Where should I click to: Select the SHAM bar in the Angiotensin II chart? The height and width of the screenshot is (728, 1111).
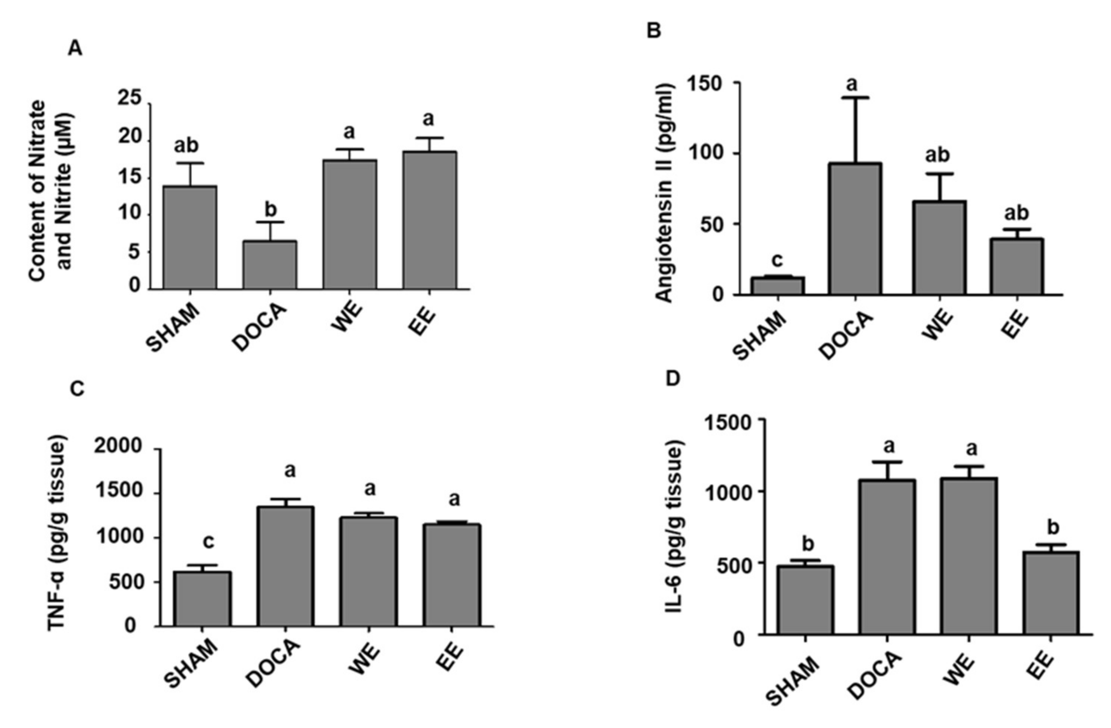(x=778, y=286)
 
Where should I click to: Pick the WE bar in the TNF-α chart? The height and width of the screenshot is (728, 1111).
(x=369, y=571)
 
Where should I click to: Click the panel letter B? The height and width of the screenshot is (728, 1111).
(x=654, y=32)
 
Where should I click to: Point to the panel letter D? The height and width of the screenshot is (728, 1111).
(x=673, y=379)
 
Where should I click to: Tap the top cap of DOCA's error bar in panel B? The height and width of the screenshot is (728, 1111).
(x=855, y=98)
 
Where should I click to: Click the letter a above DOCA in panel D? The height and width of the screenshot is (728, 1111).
(x=889, y=446)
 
